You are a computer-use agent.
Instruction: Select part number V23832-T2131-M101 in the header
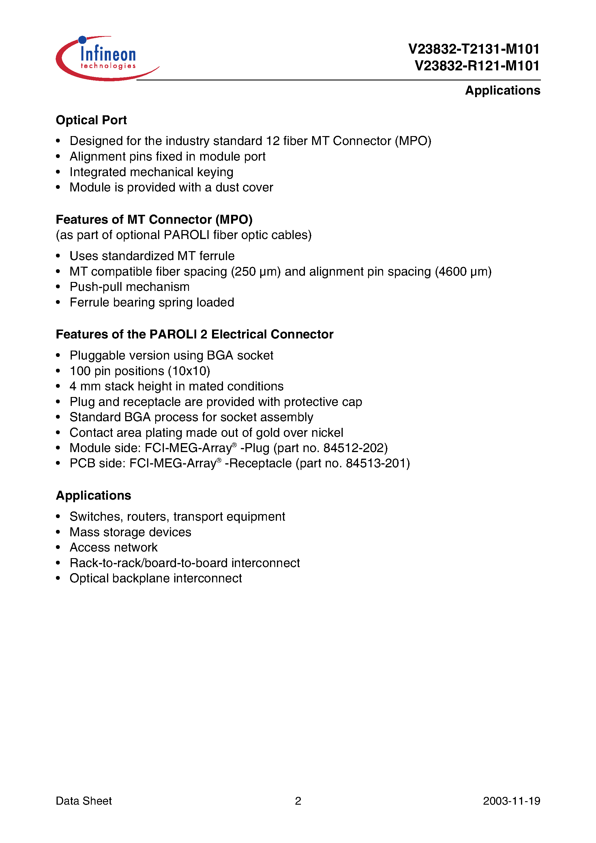click(x=474, y=49)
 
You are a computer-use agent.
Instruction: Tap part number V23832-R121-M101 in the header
click(x=477, y=66)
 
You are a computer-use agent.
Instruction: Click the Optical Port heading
click(x=91, y=120)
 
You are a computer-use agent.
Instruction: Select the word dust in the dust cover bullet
click(x=227, y=188)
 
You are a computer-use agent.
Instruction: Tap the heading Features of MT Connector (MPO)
click(x=154, y=220)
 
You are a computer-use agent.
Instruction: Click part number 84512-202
click(x=353, y=448)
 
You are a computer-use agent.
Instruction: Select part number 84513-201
click(x=376, y=464)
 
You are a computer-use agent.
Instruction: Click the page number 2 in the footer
click(x=298, y=801)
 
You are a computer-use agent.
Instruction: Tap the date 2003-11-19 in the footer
click(x=511, y=801)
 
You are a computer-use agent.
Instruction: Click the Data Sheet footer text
click(x=84, y=801)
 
